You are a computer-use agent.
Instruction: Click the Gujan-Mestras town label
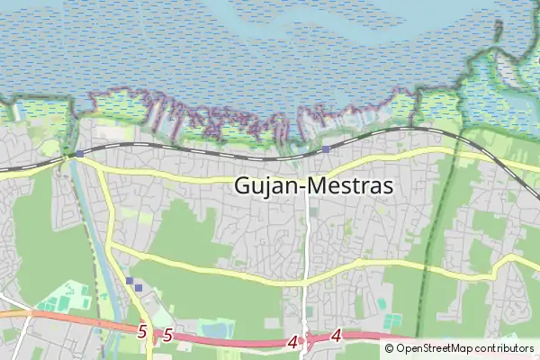coord(313,185)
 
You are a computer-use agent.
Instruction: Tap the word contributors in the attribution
coord(505,348)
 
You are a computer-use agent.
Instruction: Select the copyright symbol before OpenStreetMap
coord(389,348)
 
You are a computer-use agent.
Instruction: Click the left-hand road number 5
coord(142,331)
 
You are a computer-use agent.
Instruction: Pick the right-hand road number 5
coord(167,336)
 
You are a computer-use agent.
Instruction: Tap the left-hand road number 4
coord(292,342)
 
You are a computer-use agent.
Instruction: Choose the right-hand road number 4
coord(336,336)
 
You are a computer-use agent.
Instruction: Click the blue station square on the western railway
coord(79,154)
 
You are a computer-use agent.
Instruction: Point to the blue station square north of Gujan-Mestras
coord(325,148)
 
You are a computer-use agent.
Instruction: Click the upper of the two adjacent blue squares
coord(130,281)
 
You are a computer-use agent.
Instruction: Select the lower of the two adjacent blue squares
coord(139,288)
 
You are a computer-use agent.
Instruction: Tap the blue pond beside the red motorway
coord(217,330)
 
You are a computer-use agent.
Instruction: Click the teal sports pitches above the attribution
coord(391,319)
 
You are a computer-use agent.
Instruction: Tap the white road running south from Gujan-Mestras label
coord(307,243)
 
